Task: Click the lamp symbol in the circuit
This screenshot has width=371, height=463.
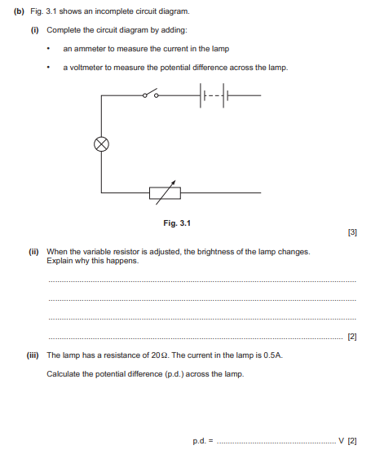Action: (x=102, y=144)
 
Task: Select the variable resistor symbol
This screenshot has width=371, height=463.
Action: (x=165, y=192)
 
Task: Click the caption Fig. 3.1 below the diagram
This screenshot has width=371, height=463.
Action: (x=177, y=223)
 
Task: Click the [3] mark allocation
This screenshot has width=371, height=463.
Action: (x=351, y=232)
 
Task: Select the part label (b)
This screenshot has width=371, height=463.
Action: (x=20, y=11)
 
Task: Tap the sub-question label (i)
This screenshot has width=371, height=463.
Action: (x=35, y=29)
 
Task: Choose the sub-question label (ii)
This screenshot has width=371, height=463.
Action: (x=35, y=252)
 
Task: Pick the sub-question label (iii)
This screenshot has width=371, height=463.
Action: (x=36, y=355)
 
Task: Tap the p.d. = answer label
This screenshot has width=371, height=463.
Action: (x=202, y=441)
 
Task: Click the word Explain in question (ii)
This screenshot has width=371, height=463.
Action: (x=60, y=261)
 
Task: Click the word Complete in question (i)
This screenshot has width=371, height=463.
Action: (x=63, y=29)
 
